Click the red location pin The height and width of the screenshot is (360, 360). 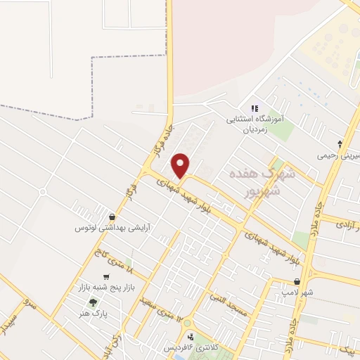(181, 166)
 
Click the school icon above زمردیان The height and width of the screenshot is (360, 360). (255, 108)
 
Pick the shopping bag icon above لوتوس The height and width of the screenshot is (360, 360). (112, 216)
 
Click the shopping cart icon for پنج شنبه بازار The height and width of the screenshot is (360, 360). (106, 276)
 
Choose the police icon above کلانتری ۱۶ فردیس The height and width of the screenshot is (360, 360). (189, 336)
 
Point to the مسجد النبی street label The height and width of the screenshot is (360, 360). (229, 304)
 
